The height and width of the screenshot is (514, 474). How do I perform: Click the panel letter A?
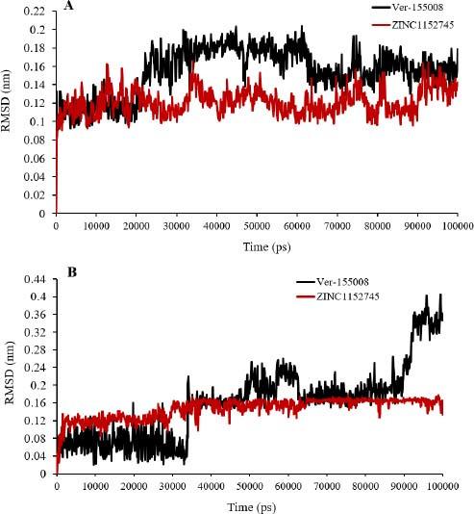click(66, 7)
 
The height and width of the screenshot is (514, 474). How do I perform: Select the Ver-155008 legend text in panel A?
click(415, 8)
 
